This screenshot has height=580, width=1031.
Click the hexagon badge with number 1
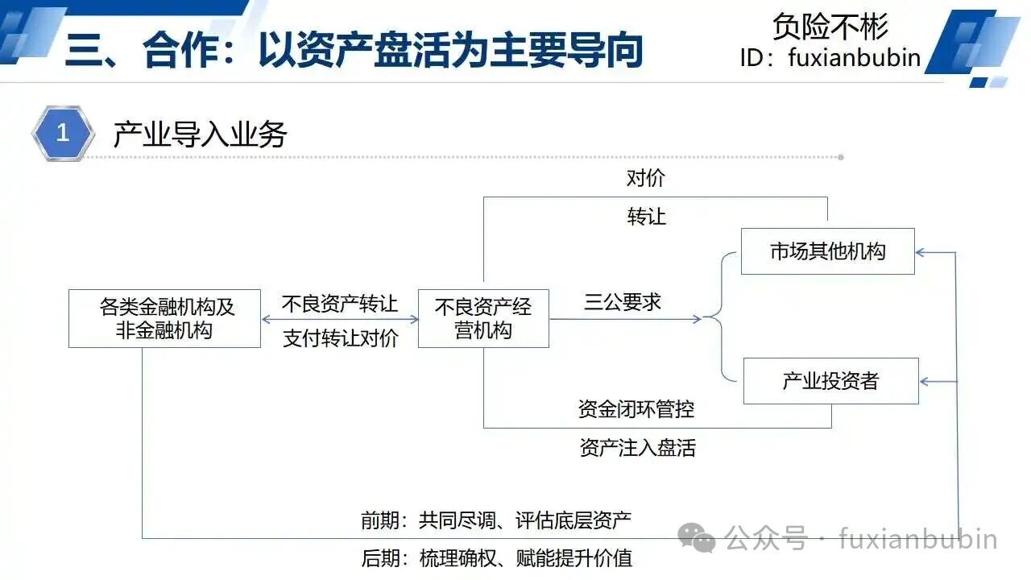pyautogui.click(x=63, y=133)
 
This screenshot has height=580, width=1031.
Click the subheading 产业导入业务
pyautogui.click(x=201, y=135)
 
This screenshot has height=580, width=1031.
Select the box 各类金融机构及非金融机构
pyautogui.click(x=165, y=318)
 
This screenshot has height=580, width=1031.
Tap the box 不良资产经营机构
pyautogui.click(x=483, y=318)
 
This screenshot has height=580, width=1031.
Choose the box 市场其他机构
pyautogui.click(x=827, y=251)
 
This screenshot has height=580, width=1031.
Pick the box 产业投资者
pyautogui.click(x=830, y=381)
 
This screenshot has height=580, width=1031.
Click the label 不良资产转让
pyautogui.click(x=340, y=304)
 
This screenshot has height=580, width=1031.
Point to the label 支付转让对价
pyautogui.click(x=341, y=338)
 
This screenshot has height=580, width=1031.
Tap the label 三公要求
pyautogui.click(x=623, y=302)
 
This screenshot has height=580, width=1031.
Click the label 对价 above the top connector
pyautogui.click(x=646, y=178)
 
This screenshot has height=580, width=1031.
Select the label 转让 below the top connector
pyautogui.click(x=646, y=217)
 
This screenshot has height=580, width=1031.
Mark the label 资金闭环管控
pyautogui.click(x=636, y=408)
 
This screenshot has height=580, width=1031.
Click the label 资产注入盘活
pyautogui.click(x=637, y=447)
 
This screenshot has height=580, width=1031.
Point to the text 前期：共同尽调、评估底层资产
pyautogui.click(x=496, y=520)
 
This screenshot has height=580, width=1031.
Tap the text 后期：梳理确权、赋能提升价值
pyautogui.click(x=497, y=558)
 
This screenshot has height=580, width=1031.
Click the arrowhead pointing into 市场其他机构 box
pyautogui.click(x=920, y=252)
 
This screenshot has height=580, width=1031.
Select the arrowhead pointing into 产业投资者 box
pyautogui.click(x=924, y=382)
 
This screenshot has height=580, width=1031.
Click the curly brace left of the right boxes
pyautogui.click(x=721, y=317)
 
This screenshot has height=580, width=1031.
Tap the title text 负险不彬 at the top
pyautogui.click(x=830, y=27)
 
